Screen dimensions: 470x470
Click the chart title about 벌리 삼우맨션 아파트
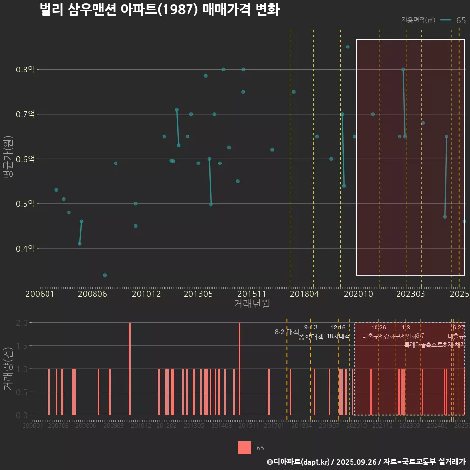(x=160, y=10)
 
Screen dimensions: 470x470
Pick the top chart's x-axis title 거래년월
(x=252, y=304)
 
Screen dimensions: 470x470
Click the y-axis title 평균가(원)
(x=8, y=159)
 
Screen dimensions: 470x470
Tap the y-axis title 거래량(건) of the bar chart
(x=8, y=369)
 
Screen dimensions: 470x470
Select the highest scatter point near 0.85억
(x=348, y=47)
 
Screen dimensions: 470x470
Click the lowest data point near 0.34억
(x=105, y=275)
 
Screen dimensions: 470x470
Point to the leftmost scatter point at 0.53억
(x=56, y=190)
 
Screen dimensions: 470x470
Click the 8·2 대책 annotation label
(x=287, y=332)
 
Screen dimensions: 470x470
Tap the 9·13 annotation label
(x=311, y=327)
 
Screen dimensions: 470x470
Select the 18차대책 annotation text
(x=338, y=336)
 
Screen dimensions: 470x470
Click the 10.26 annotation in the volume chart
(x=378, y=327)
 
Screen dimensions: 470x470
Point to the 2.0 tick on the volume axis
(x=22, y=323)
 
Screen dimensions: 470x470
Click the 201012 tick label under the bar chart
(x=141, y=426)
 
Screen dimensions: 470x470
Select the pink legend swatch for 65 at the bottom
(x=244, y=447)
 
